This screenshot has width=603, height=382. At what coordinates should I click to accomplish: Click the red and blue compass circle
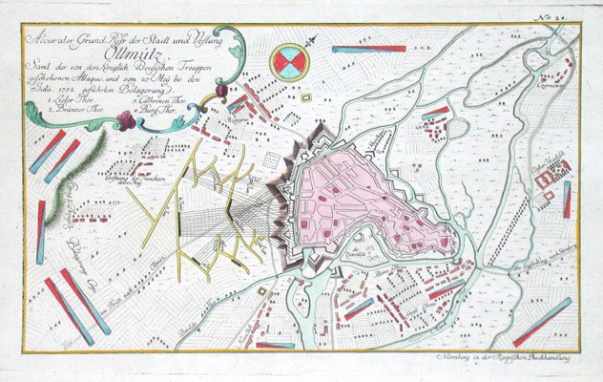click(x=288, y=63)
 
